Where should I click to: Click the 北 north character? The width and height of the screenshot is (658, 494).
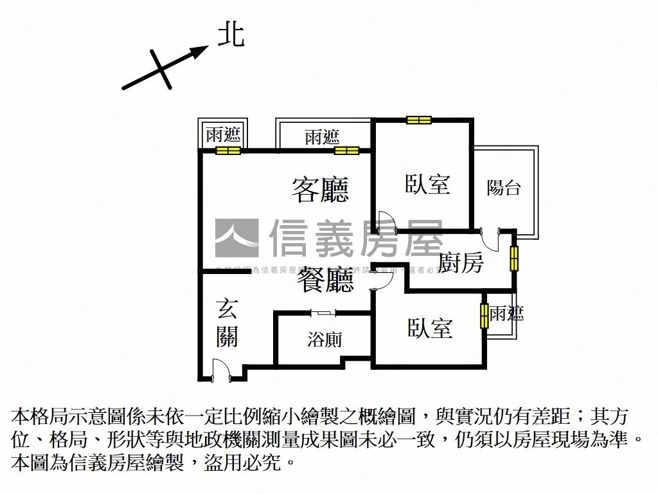231,35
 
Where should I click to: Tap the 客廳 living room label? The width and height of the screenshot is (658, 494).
320,190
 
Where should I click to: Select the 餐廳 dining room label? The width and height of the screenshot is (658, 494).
325,280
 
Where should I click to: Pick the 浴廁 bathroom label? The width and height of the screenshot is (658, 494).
325,340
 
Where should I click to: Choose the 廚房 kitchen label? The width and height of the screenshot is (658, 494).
461,262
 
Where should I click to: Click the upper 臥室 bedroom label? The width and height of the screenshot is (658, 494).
427,185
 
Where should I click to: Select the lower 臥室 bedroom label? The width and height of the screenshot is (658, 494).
430,328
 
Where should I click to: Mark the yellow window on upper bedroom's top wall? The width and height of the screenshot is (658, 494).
418,120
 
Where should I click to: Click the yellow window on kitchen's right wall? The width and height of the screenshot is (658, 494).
514,258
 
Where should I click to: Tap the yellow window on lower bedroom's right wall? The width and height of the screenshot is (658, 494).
484,315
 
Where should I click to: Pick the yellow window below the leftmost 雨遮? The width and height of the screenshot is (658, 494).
227,151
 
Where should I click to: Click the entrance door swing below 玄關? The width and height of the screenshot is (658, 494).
220,371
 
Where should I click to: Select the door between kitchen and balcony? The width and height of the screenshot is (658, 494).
492,240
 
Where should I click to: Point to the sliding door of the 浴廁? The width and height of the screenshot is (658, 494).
323,313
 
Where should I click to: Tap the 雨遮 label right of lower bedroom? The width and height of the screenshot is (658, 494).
506,314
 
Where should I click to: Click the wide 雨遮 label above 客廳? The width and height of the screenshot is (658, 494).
322,137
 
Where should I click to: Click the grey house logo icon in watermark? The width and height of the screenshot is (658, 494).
236,238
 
